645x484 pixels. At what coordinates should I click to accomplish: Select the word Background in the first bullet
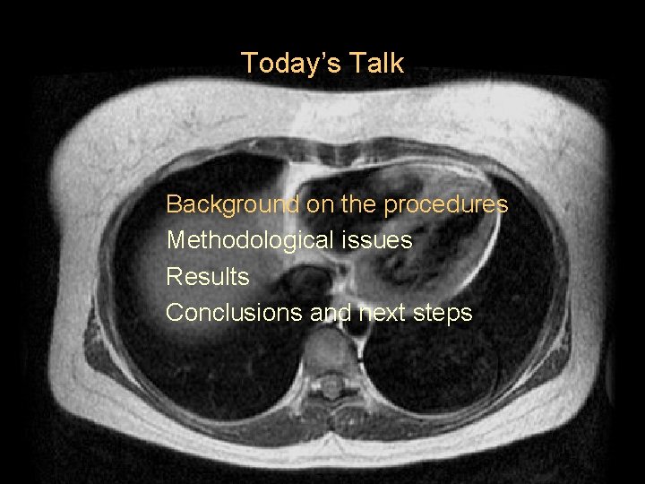click(232, 205)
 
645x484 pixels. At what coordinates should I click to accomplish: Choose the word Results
click(208, 277)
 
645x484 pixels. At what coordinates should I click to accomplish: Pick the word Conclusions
click(234, 313)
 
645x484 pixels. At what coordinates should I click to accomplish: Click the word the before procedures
click(358, 205)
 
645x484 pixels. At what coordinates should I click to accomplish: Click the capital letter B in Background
click(174, 205)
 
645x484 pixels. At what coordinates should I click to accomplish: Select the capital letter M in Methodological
click(176, 241)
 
